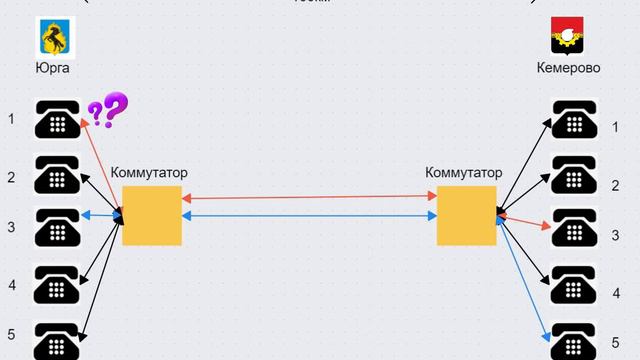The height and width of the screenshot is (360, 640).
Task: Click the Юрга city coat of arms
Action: click(57, 37)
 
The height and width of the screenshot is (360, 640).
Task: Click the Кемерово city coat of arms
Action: click(568, 37)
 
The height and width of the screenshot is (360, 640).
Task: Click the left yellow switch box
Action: click(151, 215)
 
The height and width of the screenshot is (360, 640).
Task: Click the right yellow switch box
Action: click(466, 215)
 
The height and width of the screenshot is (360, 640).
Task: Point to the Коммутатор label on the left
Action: click(149, 173)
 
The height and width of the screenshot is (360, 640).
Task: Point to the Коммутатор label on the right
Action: click(464, 173)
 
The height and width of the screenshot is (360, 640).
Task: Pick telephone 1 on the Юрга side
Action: click(57, 120)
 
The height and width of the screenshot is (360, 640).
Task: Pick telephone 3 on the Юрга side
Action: click(57, 227)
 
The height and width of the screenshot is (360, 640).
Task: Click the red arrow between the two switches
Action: click(310, 198)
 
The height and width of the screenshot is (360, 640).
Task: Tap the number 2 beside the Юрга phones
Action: click(12, 178)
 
